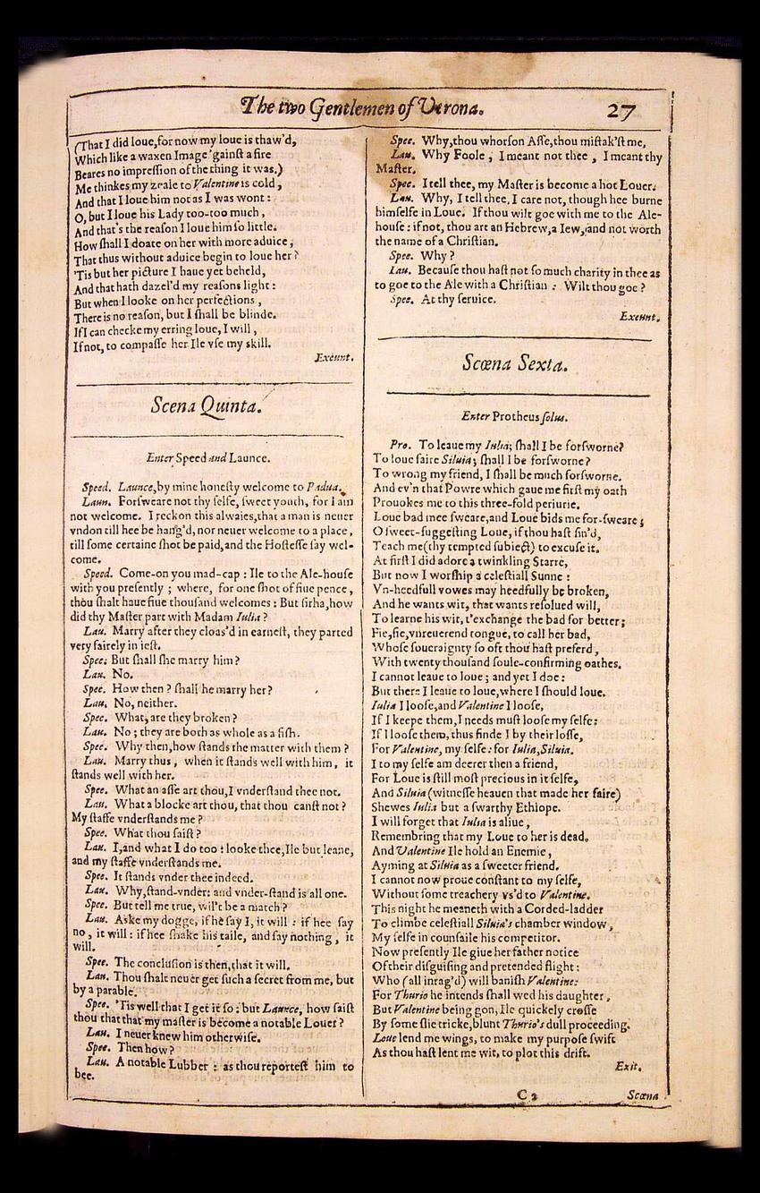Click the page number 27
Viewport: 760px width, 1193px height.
(621, 110)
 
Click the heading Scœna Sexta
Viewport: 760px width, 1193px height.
(513, 362)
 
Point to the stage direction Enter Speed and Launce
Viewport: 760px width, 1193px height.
(208, 457)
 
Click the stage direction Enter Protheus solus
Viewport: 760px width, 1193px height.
(514, 416)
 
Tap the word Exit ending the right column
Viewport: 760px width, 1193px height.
(629, 1066)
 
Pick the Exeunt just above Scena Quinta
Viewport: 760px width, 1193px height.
(334, 357)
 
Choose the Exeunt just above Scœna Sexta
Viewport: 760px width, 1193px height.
(638, 316)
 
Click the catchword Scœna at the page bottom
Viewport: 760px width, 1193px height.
(643, 1095)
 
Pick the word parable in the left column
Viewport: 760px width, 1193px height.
(114, 991)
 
